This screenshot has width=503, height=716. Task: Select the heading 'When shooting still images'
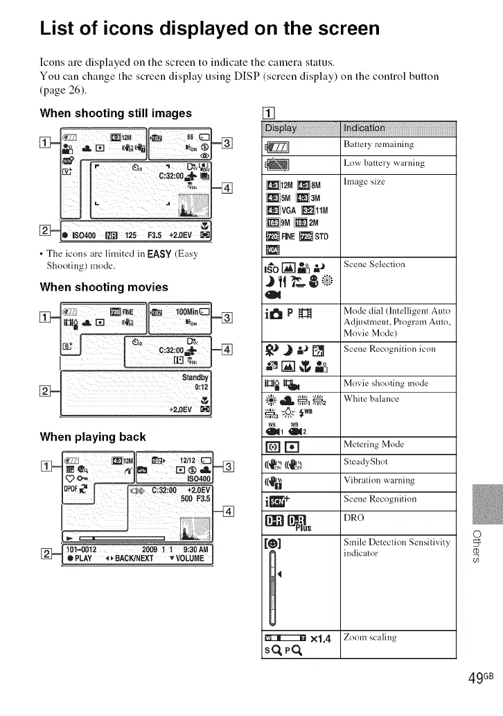116,113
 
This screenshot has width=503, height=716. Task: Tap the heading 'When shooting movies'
104,287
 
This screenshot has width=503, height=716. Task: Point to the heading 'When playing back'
93,436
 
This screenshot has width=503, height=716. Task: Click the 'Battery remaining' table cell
379,145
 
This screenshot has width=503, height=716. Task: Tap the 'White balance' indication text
371,398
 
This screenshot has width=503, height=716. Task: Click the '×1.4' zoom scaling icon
324,638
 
